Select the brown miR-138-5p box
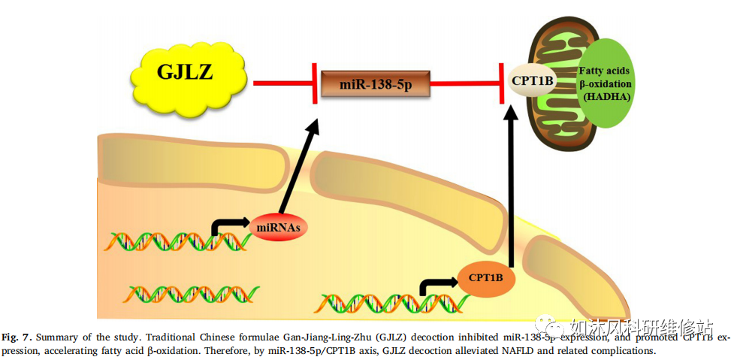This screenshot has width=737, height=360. [376, 83]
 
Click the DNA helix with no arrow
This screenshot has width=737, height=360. [193, 293]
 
